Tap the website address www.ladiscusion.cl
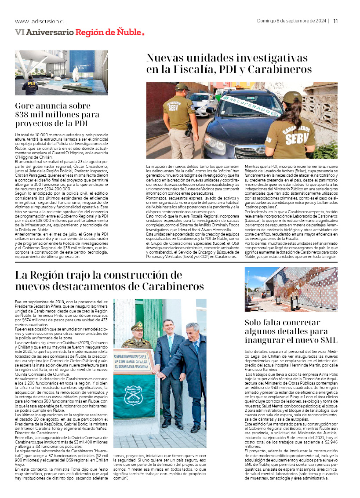click(40, 21)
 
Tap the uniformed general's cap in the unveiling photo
click(136, 326)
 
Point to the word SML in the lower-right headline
click(326, 340)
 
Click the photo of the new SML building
click(291, 289)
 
